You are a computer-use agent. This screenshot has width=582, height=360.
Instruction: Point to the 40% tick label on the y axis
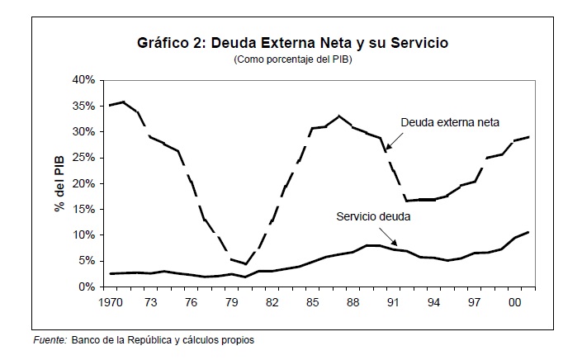click(x=85, y=80)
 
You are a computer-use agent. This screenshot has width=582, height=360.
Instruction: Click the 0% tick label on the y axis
click(x=88, y=287)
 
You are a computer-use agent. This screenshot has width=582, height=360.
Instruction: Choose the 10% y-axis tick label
click(x=85, y=235)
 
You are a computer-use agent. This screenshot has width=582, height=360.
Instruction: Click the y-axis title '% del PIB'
click(x=59, y=183)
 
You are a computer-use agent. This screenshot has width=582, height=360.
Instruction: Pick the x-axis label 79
click(x=233, y=303)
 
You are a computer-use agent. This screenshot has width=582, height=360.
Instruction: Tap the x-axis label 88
click(x=353, y=303)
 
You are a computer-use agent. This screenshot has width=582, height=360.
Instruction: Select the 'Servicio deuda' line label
click(x=373, y=217)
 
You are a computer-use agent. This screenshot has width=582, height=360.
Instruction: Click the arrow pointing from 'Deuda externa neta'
click(x=393, y=140)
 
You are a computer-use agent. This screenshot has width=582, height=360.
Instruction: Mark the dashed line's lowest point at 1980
click(x=246, y=264)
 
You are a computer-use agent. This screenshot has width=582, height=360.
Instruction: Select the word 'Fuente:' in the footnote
click(x=50, y=340)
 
